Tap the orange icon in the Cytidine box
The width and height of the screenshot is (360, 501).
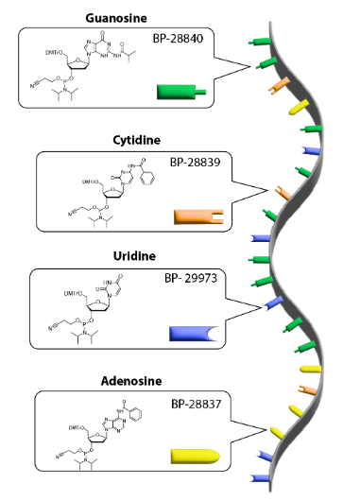click(x=197, y=217)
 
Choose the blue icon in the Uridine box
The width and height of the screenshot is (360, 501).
click(x=193, y=333)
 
